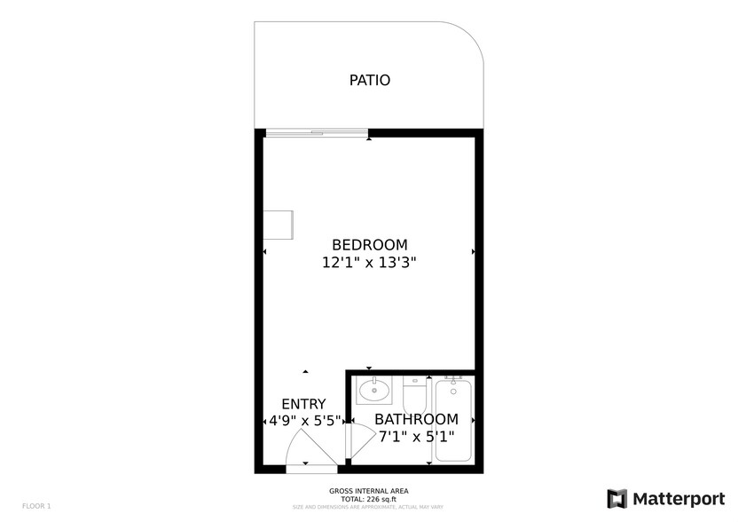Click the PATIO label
pos(369,81)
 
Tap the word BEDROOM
pos(369,245)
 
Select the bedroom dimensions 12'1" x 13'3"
pos(369,263)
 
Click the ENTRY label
pos(303,404)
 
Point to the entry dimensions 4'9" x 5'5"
pos(305,421)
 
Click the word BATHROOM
pos(416,419)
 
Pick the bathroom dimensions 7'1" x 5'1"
pos(416,437)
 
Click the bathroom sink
pos(374,390)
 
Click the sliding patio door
pos(317,133)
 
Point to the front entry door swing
pos(312,448)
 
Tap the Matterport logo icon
pos(616,498)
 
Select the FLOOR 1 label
pos(36,506)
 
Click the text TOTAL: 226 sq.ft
pos(369,499)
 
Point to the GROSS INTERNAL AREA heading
pos(369,491)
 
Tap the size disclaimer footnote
pos(369,507)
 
